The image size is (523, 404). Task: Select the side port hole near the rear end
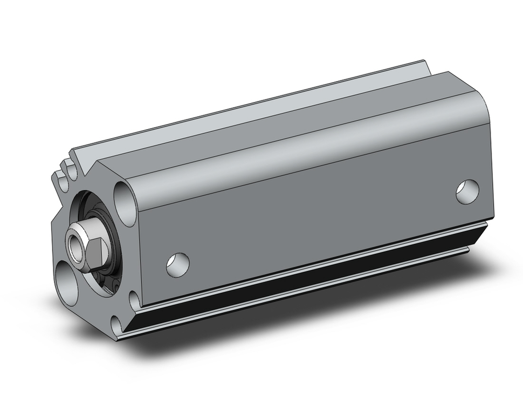[467, 192]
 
